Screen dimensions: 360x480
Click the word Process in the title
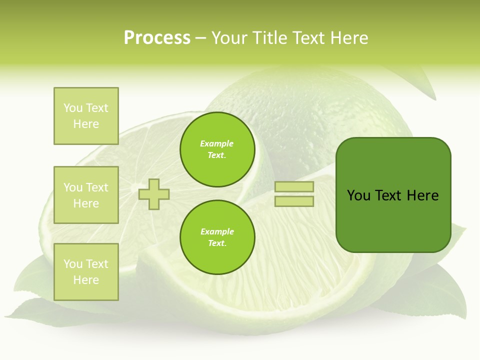point(157,38)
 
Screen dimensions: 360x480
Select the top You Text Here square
point(86,116)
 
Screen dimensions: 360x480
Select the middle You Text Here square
point(86,195)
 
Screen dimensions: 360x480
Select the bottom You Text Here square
point(86,272)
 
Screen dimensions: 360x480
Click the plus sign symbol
point(154,194)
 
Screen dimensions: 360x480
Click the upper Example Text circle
point(217,149)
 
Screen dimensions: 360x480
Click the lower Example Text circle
point(217,237)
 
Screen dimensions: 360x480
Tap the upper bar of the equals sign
point(294,186)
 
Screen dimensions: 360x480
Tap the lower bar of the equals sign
point(294,201)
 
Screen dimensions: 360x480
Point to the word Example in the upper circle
point(217,144)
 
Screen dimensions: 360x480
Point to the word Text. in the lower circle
point(217,243)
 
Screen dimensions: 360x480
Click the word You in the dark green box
point(358,195)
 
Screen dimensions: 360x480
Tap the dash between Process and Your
point(200,38)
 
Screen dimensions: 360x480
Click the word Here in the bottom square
point(86,280)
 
